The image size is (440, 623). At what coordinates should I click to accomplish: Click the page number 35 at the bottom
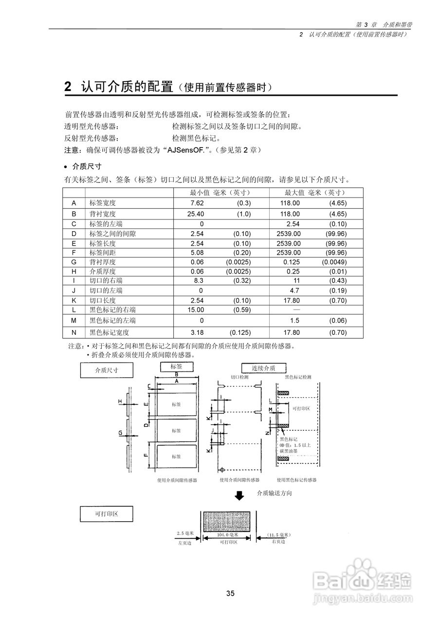tap(230, 593)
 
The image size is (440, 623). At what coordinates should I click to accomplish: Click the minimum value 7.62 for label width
tap(197, 203)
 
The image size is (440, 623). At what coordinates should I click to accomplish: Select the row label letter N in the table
tap(74, 332)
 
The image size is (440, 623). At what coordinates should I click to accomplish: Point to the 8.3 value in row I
tap(198, 280)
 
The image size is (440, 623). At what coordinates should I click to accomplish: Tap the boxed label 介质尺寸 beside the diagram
tap(106, 370)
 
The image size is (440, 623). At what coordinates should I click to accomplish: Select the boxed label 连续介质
tap(263, 368)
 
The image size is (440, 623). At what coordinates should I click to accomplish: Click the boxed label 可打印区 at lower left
tap(106, 514)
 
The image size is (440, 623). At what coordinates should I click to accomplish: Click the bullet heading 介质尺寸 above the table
tap(87, 165)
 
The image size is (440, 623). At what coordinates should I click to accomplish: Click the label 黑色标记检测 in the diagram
tap(297, 377)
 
